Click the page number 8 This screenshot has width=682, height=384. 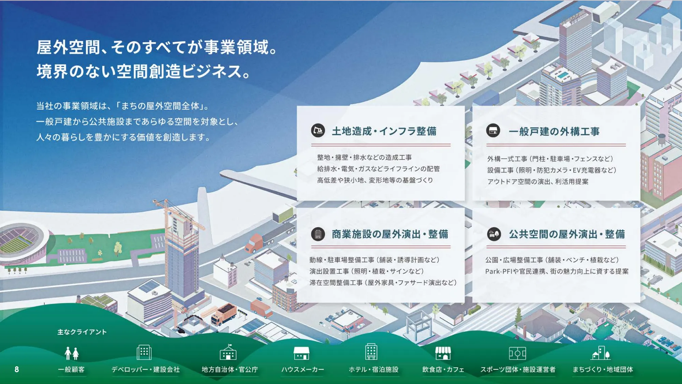17,369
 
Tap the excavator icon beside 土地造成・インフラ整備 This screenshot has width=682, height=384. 318,131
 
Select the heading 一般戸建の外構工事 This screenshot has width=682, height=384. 554,131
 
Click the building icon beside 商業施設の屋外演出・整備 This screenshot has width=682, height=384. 318,234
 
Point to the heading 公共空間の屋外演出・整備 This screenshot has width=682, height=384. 567,234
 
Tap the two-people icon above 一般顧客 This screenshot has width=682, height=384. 72,353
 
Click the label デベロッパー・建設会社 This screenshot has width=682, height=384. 146,369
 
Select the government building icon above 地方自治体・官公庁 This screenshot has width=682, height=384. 228,353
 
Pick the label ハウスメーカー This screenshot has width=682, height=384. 302,369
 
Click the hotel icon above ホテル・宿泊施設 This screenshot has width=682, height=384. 371,352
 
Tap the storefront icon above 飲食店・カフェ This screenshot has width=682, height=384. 443,353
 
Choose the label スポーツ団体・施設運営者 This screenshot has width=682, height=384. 518,369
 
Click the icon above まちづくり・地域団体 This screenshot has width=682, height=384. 601,353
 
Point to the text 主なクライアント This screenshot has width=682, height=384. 82,332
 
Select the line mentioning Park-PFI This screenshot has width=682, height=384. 557,271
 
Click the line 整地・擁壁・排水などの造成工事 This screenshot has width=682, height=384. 364,157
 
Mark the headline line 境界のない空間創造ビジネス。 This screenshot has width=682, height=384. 143,72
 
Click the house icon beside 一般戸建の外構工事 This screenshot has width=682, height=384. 493,131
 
